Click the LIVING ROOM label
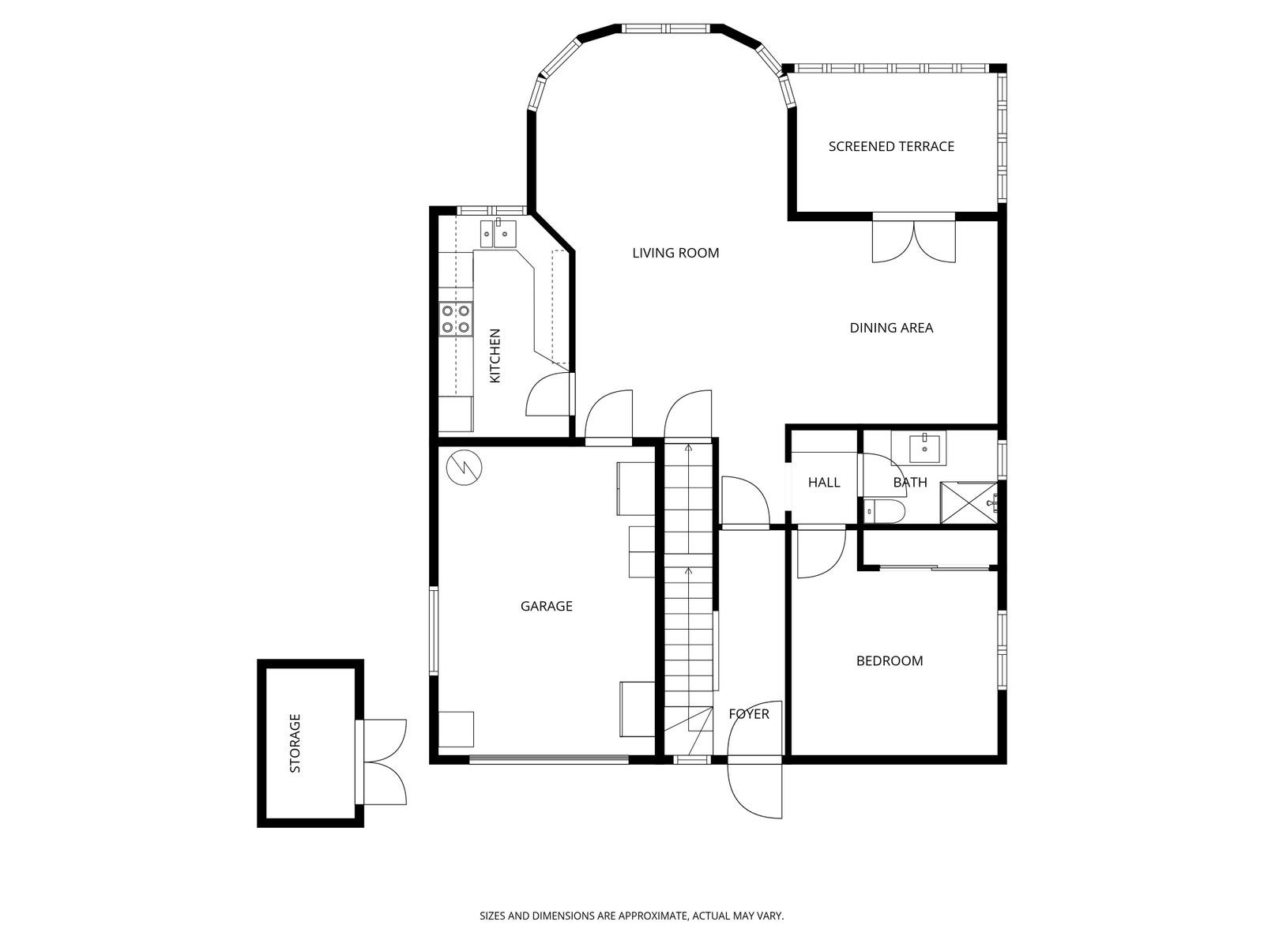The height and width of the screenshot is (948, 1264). pyautogui.click(x=675, y=253)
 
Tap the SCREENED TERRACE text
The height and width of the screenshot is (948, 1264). pyautogui.click(x=891, y=147)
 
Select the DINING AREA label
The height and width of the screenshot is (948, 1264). pyautogui.click(x=891, y=328)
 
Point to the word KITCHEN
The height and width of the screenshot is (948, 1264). pyautogui.click(x=495, y=355)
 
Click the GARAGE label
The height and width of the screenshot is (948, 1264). pyautogui.click(x=546, y=606)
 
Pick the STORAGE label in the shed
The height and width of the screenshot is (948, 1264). pyautogui.click(x=295, y=743)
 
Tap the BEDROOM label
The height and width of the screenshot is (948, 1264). pyautogui.click(x=889, y=660)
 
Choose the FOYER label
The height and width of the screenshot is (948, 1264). pyautogui.click(x=749, y=714)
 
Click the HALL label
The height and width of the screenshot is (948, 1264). pyautogui.click(x=823, y=483)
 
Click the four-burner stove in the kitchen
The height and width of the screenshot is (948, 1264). pyautogui.click(x=456, y=319)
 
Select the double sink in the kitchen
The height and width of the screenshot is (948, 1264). pyautogui.click(x=498, y=233)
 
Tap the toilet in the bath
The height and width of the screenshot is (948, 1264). pyautogui.click(x=885, y=510)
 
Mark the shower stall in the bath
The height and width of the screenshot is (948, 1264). pyautogui.click(x=969, y=503)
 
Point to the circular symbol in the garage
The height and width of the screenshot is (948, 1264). pyautogui.click(x=464, y=467)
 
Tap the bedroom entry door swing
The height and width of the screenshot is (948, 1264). pyautogui.click(x=821, y=553)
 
